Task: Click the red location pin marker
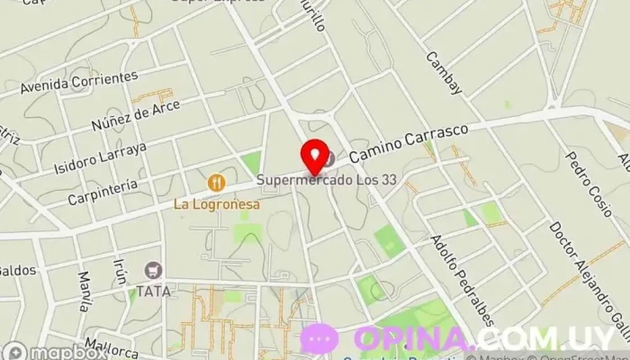click(x=314, y=157)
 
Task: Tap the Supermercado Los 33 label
click(x=327, y=180)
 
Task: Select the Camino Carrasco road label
click(x=409, y=144)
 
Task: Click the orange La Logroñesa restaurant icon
click(x=216, y=183)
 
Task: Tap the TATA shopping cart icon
click(x=154, y=269)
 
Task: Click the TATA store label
click(x=153, y=291)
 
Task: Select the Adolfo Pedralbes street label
click(x=462, y=280)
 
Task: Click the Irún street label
click(x=120, y=271)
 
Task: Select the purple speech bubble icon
click(x=319, y=338)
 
